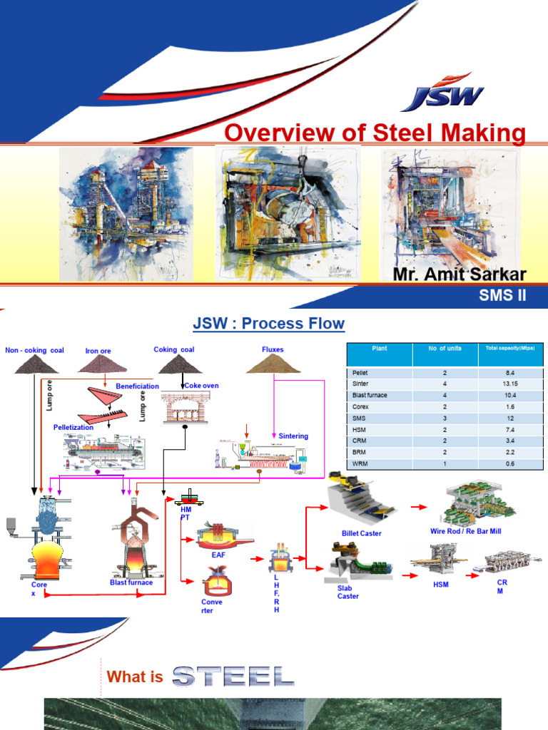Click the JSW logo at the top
[x=442, y=93]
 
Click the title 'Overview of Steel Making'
[x=375, y=133]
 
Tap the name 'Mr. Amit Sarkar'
[x=459, y=275]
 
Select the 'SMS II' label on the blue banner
[x=502, y=297]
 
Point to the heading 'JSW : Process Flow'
[x=269, y=324]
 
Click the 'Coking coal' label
[x=173, y=349]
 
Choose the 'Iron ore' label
[x=98, y=351]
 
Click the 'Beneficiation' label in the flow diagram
[x=137, y=386]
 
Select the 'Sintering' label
[x=294, y=436]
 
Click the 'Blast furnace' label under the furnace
[x=131, y=582]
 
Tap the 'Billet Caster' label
[x=361, y=533]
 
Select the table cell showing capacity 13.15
[x=511, y=384]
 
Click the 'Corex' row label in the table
[x=360, y=406]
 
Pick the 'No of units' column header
[x=445, y=349]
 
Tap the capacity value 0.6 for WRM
[x=511, y=463]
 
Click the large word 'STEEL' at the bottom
[x=233, y=676]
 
